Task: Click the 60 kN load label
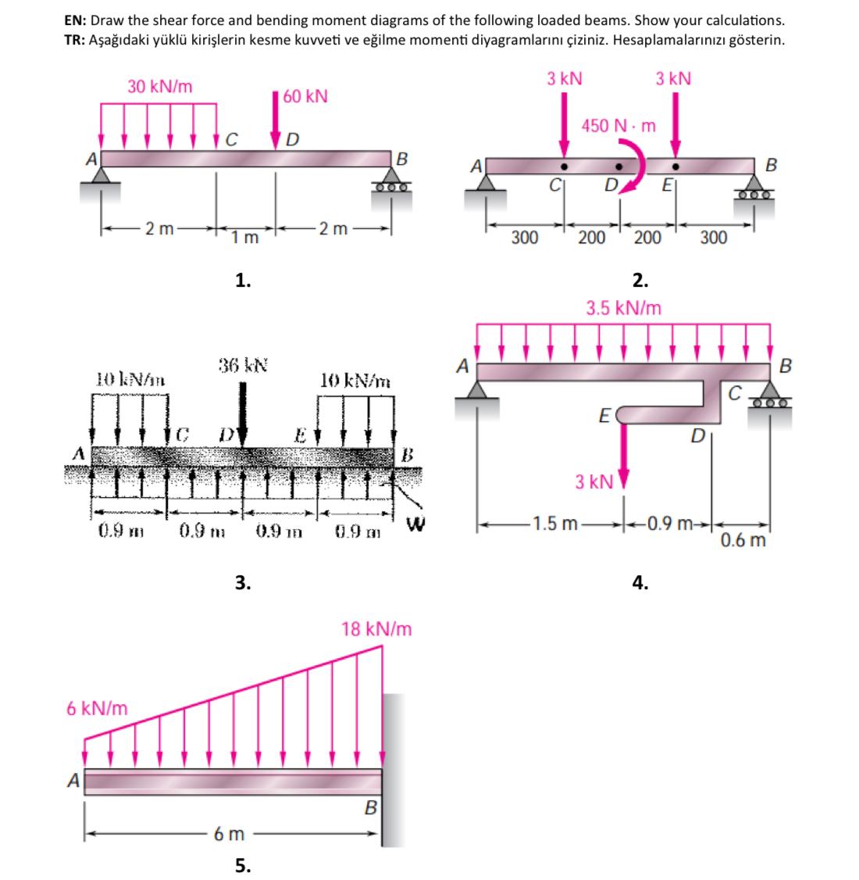coord(305,97)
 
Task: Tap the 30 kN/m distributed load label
coord(160,86)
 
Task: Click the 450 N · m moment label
coord(618,125)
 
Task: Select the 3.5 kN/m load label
coord(623,308)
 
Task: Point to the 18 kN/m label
coord(378,628)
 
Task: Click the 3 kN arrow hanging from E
coord(623,454)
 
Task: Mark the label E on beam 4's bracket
coord(603,414)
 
